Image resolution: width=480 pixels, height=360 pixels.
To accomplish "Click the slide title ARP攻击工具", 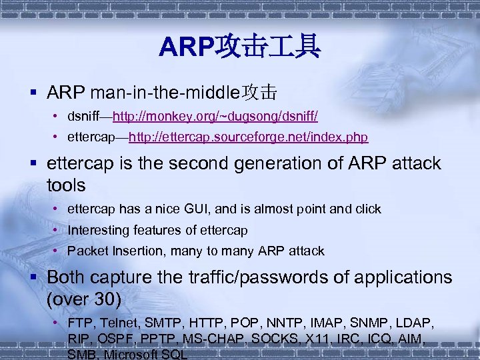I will (240, 47).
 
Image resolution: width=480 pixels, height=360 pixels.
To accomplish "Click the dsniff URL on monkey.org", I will (215, 117).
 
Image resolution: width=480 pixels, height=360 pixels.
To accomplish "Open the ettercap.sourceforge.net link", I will (248, 137).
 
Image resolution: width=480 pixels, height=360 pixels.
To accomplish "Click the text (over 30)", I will (84, 300).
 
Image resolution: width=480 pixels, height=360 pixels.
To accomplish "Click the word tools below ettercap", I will (67, 185).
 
